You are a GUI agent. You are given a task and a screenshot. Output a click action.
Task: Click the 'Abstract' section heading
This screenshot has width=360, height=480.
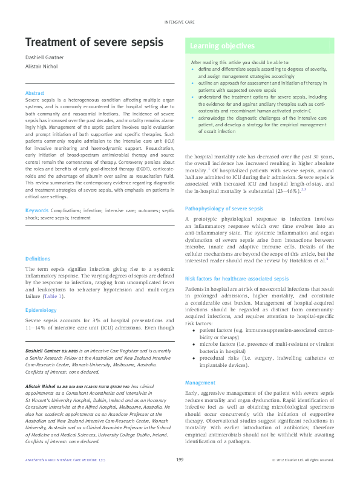click(x=34, y=92)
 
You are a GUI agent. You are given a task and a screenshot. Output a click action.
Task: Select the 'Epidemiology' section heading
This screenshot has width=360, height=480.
click(x=41, y=310)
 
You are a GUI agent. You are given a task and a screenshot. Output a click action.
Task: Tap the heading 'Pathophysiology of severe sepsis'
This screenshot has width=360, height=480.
click(x=223, y=208)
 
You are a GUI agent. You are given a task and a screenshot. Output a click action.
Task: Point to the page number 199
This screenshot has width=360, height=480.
click(x=180, y=460)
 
